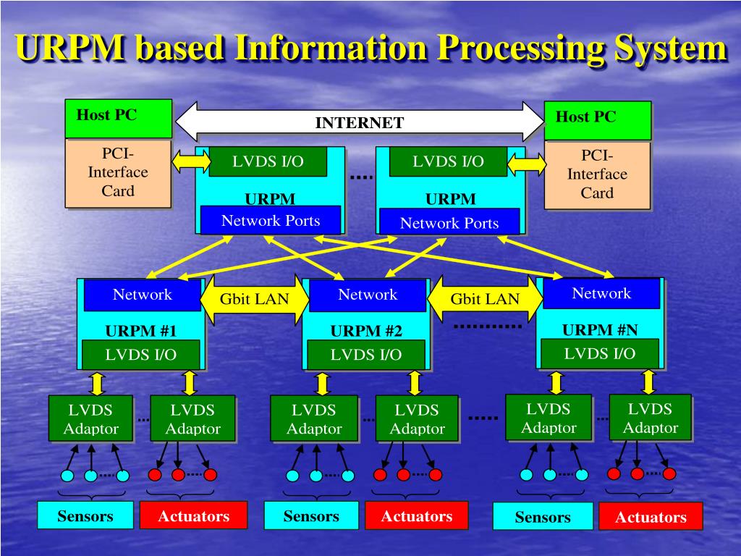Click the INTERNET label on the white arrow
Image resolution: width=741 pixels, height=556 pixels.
[359, 122]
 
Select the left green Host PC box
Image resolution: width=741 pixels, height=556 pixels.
[119, 118]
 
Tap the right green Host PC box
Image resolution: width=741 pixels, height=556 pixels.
[597, 119]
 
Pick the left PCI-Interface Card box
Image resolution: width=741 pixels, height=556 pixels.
[119, 173]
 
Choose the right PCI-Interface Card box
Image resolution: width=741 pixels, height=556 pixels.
[597, 174]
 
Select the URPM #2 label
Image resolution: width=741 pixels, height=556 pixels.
[366, 332]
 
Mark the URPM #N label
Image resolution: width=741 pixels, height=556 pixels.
[600, 330]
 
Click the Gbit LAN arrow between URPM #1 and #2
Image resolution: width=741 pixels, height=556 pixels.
[254, 299]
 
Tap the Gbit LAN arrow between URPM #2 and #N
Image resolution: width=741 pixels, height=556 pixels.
[485, 299]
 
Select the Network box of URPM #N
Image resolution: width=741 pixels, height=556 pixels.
[601, 293]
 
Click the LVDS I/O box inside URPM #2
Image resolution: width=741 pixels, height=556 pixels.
[365, 355]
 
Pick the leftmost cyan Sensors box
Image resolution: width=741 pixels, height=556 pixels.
[85, 516]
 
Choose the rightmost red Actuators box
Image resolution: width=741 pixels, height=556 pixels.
[651, 517]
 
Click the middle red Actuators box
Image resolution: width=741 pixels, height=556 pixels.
[416, 516]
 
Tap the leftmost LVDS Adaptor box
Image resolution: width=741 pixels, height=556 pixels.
[90, 418]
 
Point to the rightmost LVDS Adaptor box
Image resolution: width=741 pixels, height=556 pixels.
[650, 418]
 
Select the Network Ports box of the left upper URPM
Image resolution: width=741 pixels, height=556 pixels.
[270, 221]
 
